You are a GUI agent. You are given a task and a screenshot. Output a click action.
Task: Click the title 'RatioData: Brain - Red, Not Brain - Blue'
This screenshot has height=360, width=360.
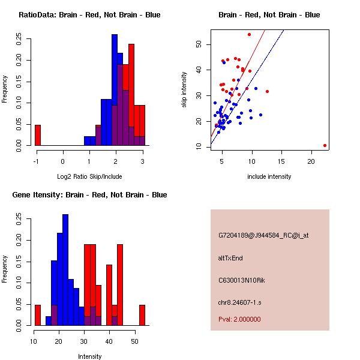click(x=89, y=15)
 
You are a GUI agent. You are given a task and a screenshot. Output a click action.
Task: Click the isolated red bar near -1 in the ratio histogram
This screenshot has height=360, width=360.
click(x=38, y=135)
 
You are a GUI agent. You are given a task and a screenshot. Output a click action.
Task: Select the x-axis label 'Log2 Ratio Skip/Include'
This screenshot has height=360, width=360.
click(x=89, y=176)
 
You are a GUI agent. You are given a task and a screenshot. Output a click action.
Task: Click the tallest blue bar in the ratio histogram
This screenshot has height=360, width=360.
click(x=114, y=90)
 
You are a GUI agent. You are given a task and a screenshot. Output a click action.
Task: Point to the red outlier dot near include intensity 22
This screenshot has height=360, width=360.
click(x=325, y=145)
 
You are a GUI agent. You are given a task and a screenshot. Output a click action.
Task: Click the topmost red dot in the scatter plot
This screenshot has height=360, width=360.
click(x=249, y=35)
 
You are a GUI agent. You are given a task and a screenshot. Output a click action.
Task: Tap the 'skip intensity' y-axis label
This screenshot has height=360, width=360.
click(x=185, y=90)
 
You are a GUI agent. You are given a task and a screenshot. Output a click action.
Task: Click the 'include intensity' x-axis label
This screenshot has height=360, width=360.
click(x=269, y=176)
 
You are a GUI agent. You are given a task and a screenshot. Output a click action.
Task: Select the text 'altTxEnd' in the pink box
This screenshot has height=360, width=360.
click(x=230, y=258)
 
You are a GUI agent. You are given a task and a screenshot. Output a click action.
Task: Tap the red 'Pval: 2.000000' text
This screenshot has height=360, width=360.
click(x=239, y=319)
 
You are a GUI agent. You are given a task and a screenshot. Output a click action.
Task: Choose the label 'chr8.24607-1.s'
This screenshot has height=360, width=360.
click(x=239, y=301)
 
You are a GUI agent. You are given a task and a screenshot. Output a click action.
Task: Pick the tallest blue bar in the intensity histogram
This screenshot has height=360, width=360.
click(x=65, y=270)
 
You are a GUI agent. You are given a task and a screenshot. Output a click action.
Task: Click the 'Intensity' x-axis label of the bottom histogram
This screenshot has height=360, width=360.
click(x=89, y=356)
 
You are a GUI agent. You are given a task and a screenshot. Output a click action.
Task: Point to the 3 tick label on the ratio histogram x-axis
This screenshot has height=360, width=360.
click(x=142, y=161)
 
